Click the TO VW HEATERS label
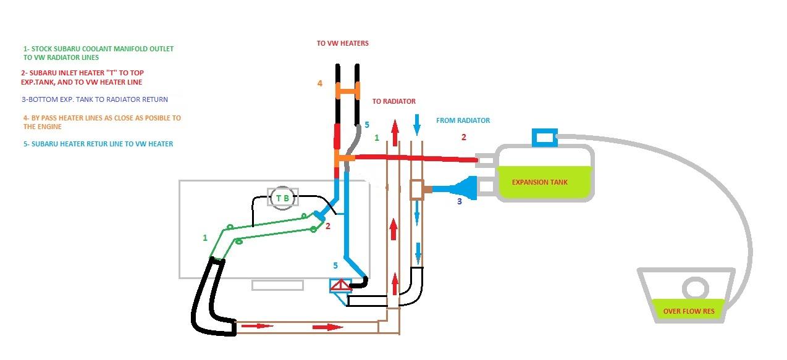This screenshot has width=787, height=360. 343,43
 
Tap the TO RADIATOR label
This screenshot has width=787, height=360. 394,101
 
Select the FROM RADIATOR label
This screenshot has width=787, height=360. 463,120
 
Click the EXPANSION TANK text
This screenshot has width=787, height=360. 540,182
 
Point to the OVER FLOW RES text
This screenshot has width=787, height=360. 689,311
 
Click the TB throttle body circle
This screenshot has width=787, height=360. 282,198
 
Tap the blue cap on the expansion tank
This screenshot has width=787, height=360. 545,138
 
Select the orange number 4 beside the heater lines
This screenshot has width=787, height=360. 320,83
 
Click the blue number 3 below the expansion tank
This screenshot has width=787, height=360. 459,201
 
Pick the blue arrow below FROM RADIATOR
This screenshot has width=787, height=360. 417,125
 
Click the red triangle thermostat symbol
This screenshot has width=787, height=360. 340,285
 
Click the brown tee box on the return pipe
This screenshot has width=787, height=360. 417,190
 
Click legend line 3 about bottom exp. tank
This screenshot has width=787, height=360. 95,99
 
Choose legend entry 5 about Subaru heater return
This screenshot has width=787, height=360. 98,144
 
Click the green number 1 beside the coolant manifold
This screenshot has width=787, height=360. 205,238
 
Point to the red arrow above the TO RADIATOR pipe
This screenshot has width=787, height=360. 395,132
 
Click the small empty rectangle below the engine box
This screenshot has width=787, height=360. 277,285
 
